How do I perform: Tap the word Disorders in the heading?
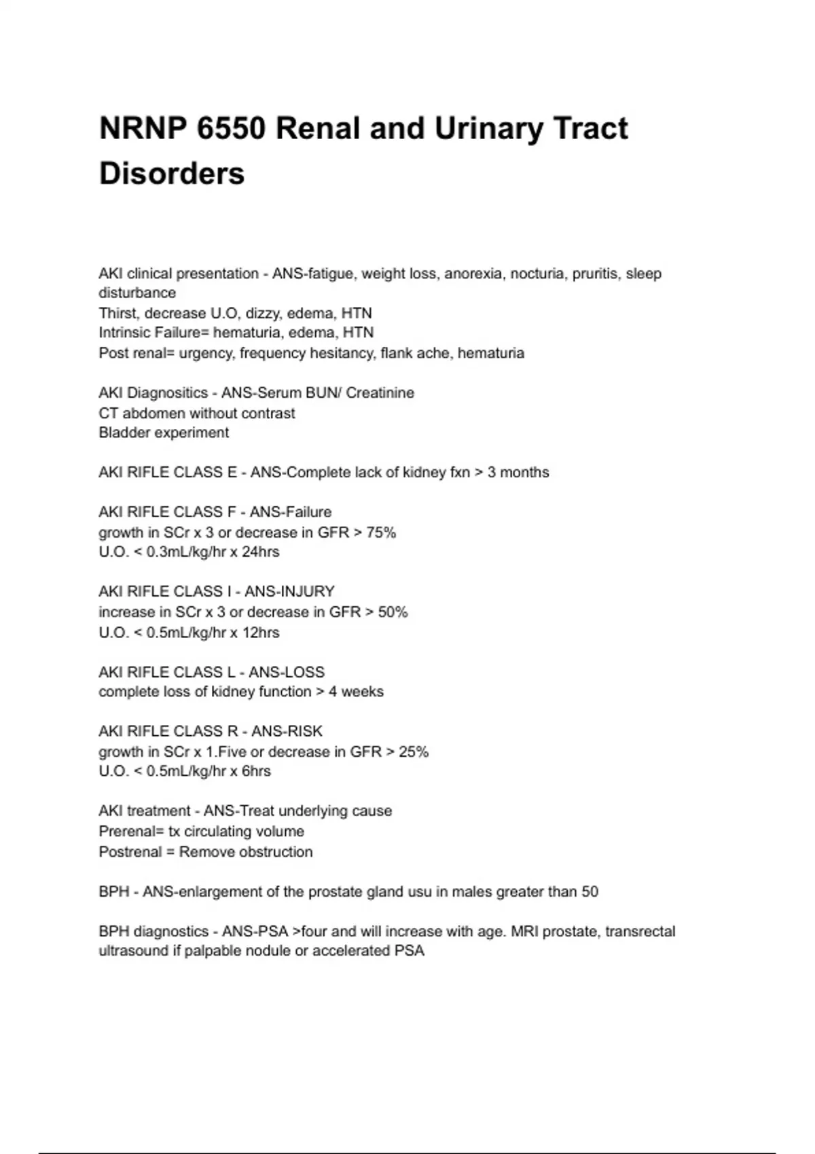(x=172, y=173)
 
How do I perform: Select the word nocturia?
(x=537, y=274)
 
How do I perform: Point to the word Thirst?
(x=118, y=313)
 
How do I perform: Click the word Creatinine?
(x=380, y=392)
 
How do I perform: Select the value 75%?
(x=381, y=532)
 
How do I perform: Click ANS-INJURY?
(x=289, y=591)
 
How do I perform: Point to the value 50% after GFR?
(x=393, y=612)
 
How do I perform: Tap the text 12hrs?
(x=261, y=632)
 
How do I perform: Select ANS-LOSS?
(x=287, y=672)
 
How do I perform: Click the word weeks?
(x=362, y=692)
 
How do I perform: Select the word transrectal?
(x=640, y=931)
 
